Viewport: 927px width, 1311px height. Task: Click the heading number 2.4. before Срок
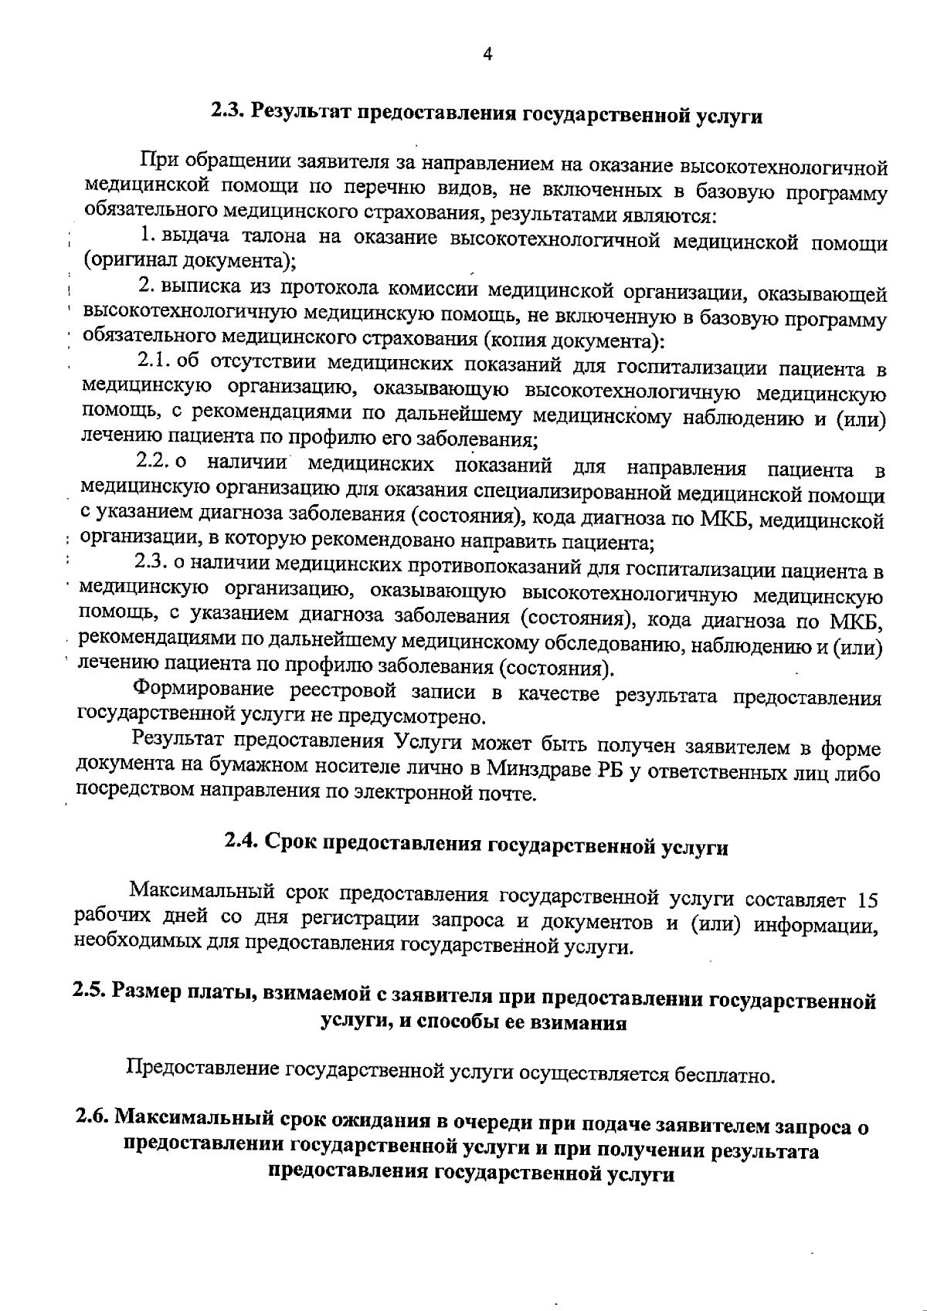click(242, 841)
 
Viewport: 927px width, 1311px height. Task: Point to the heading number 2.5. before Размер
click(90, 991)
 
